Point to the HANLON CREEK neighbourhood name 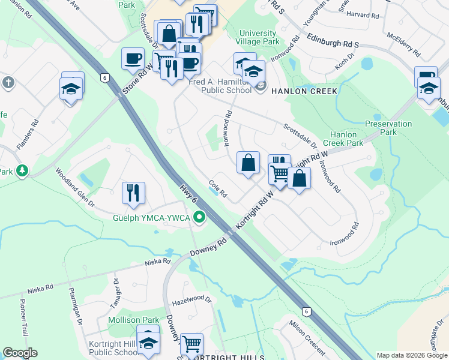(x=304, y=91)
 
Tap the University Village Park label (x=259, y=38)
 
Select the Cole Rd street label (x=217, y=189)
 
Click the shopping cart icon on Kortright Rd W (x=280, y=173)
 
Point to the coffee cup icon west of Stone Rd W (x=133, y=58)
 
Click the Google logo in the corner (x=20, y=353)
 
